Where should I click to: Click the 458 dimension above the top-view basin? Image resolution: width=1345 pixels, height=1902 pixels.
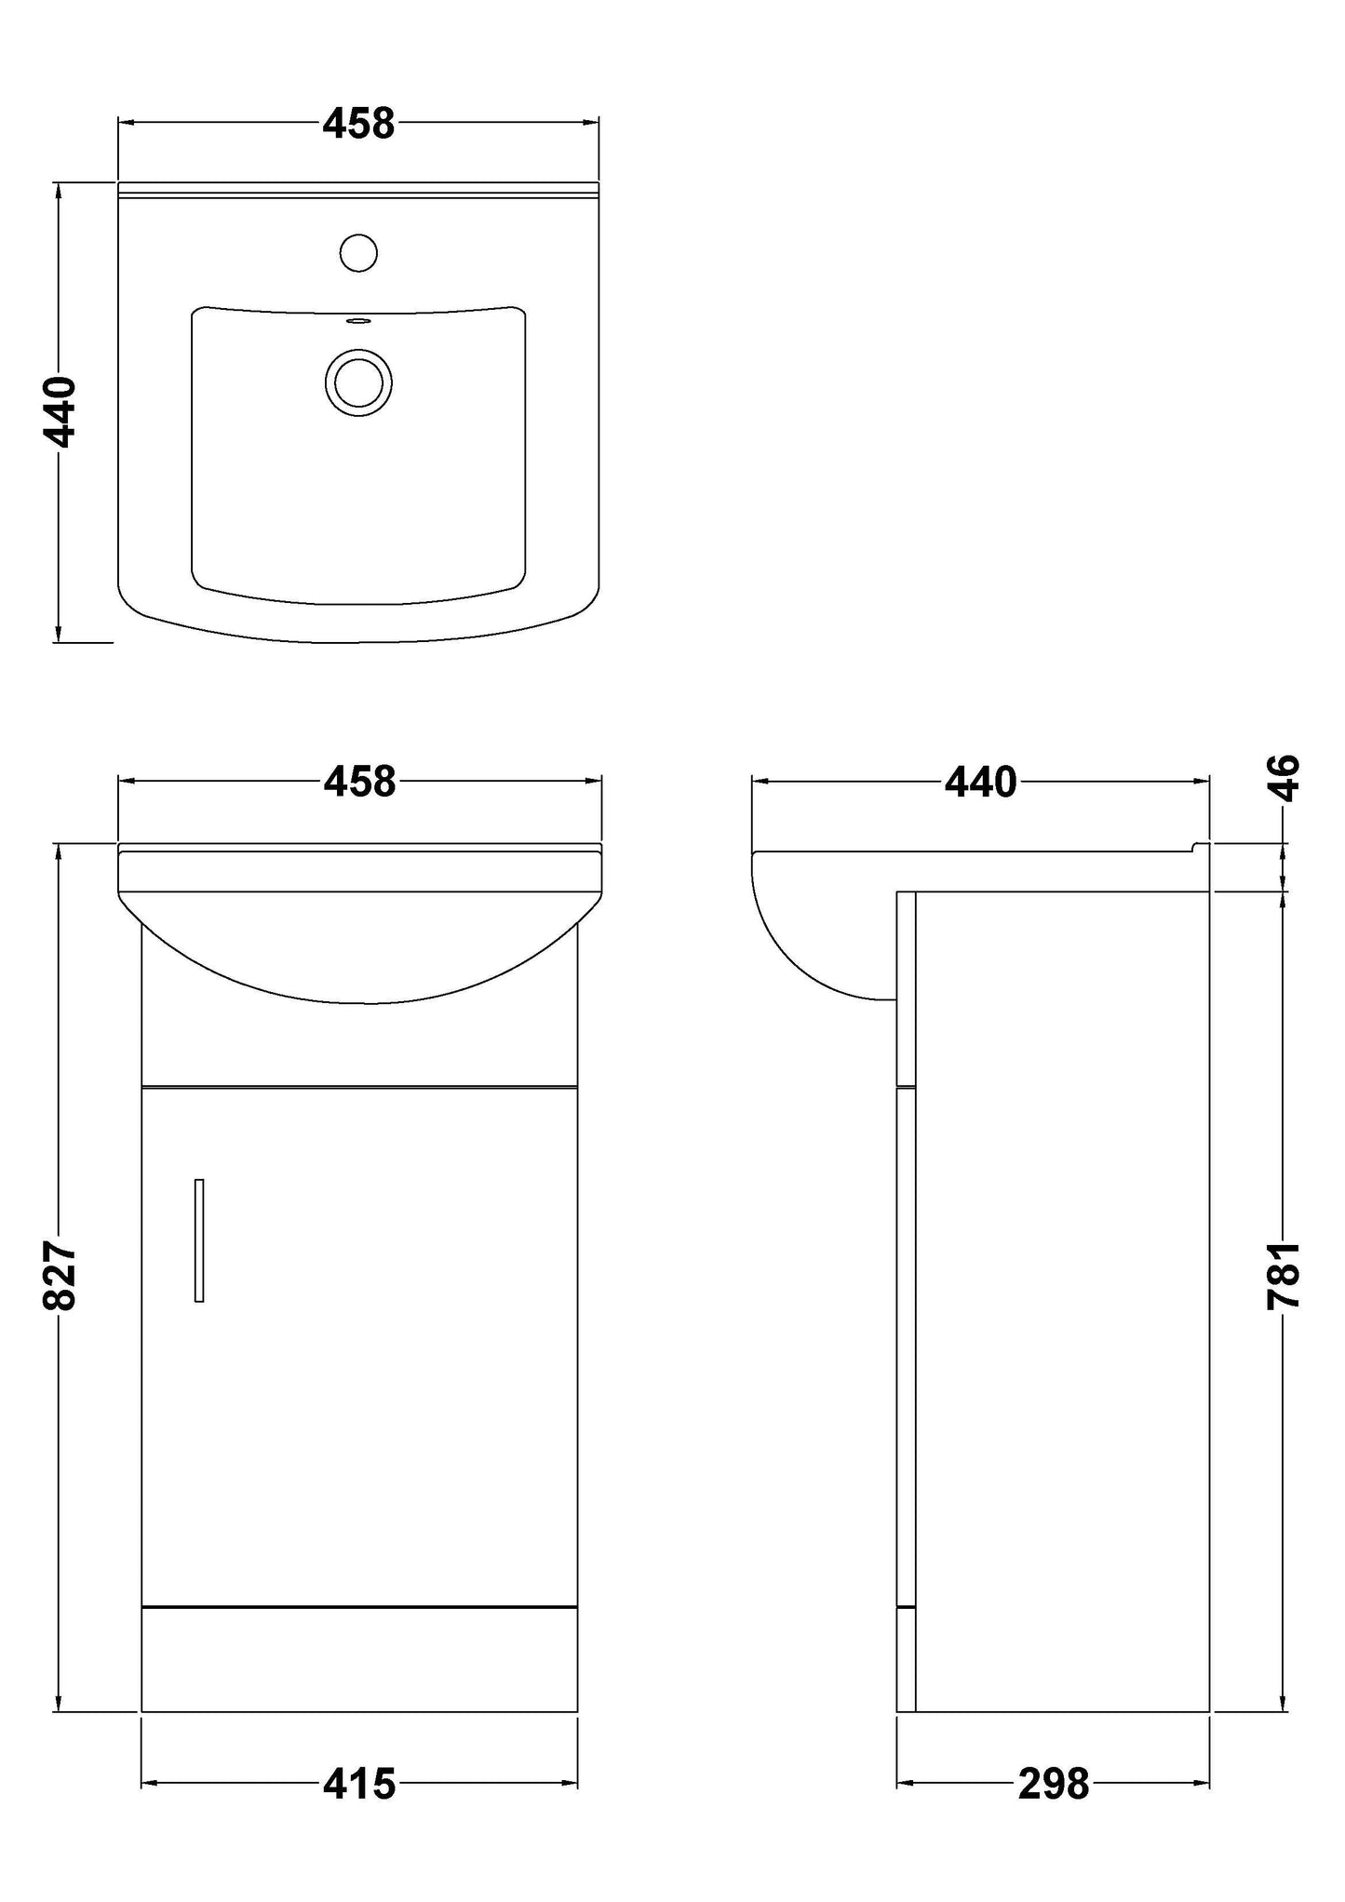tap(358, 124)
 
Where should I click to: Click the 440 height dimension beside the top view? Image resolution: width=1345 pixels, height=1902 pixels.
tap(60, 412)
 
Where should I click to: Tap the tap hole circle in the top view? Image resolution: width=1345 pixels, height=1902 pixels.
tap(358, 252)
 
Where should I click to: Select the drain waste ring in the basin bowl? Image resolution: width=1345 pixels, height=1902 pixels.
tap(358, 382)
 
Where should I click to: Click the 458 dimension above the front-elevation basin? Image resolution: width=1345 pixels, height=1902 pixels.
tap(359, 782)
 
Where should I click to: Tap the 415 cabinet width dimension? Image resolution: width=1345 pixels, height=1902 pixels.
tap(359, 1784)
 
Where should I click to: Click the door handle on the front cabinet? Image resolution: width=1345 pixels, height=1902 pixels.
tap(199, 1240)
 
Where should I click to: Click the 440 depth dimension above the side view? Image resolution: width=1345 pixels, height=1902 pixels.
tap(980, 783)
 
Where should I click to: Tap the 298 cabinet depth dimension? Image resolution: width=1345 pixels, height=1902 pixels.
tap(1053, 1784)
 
